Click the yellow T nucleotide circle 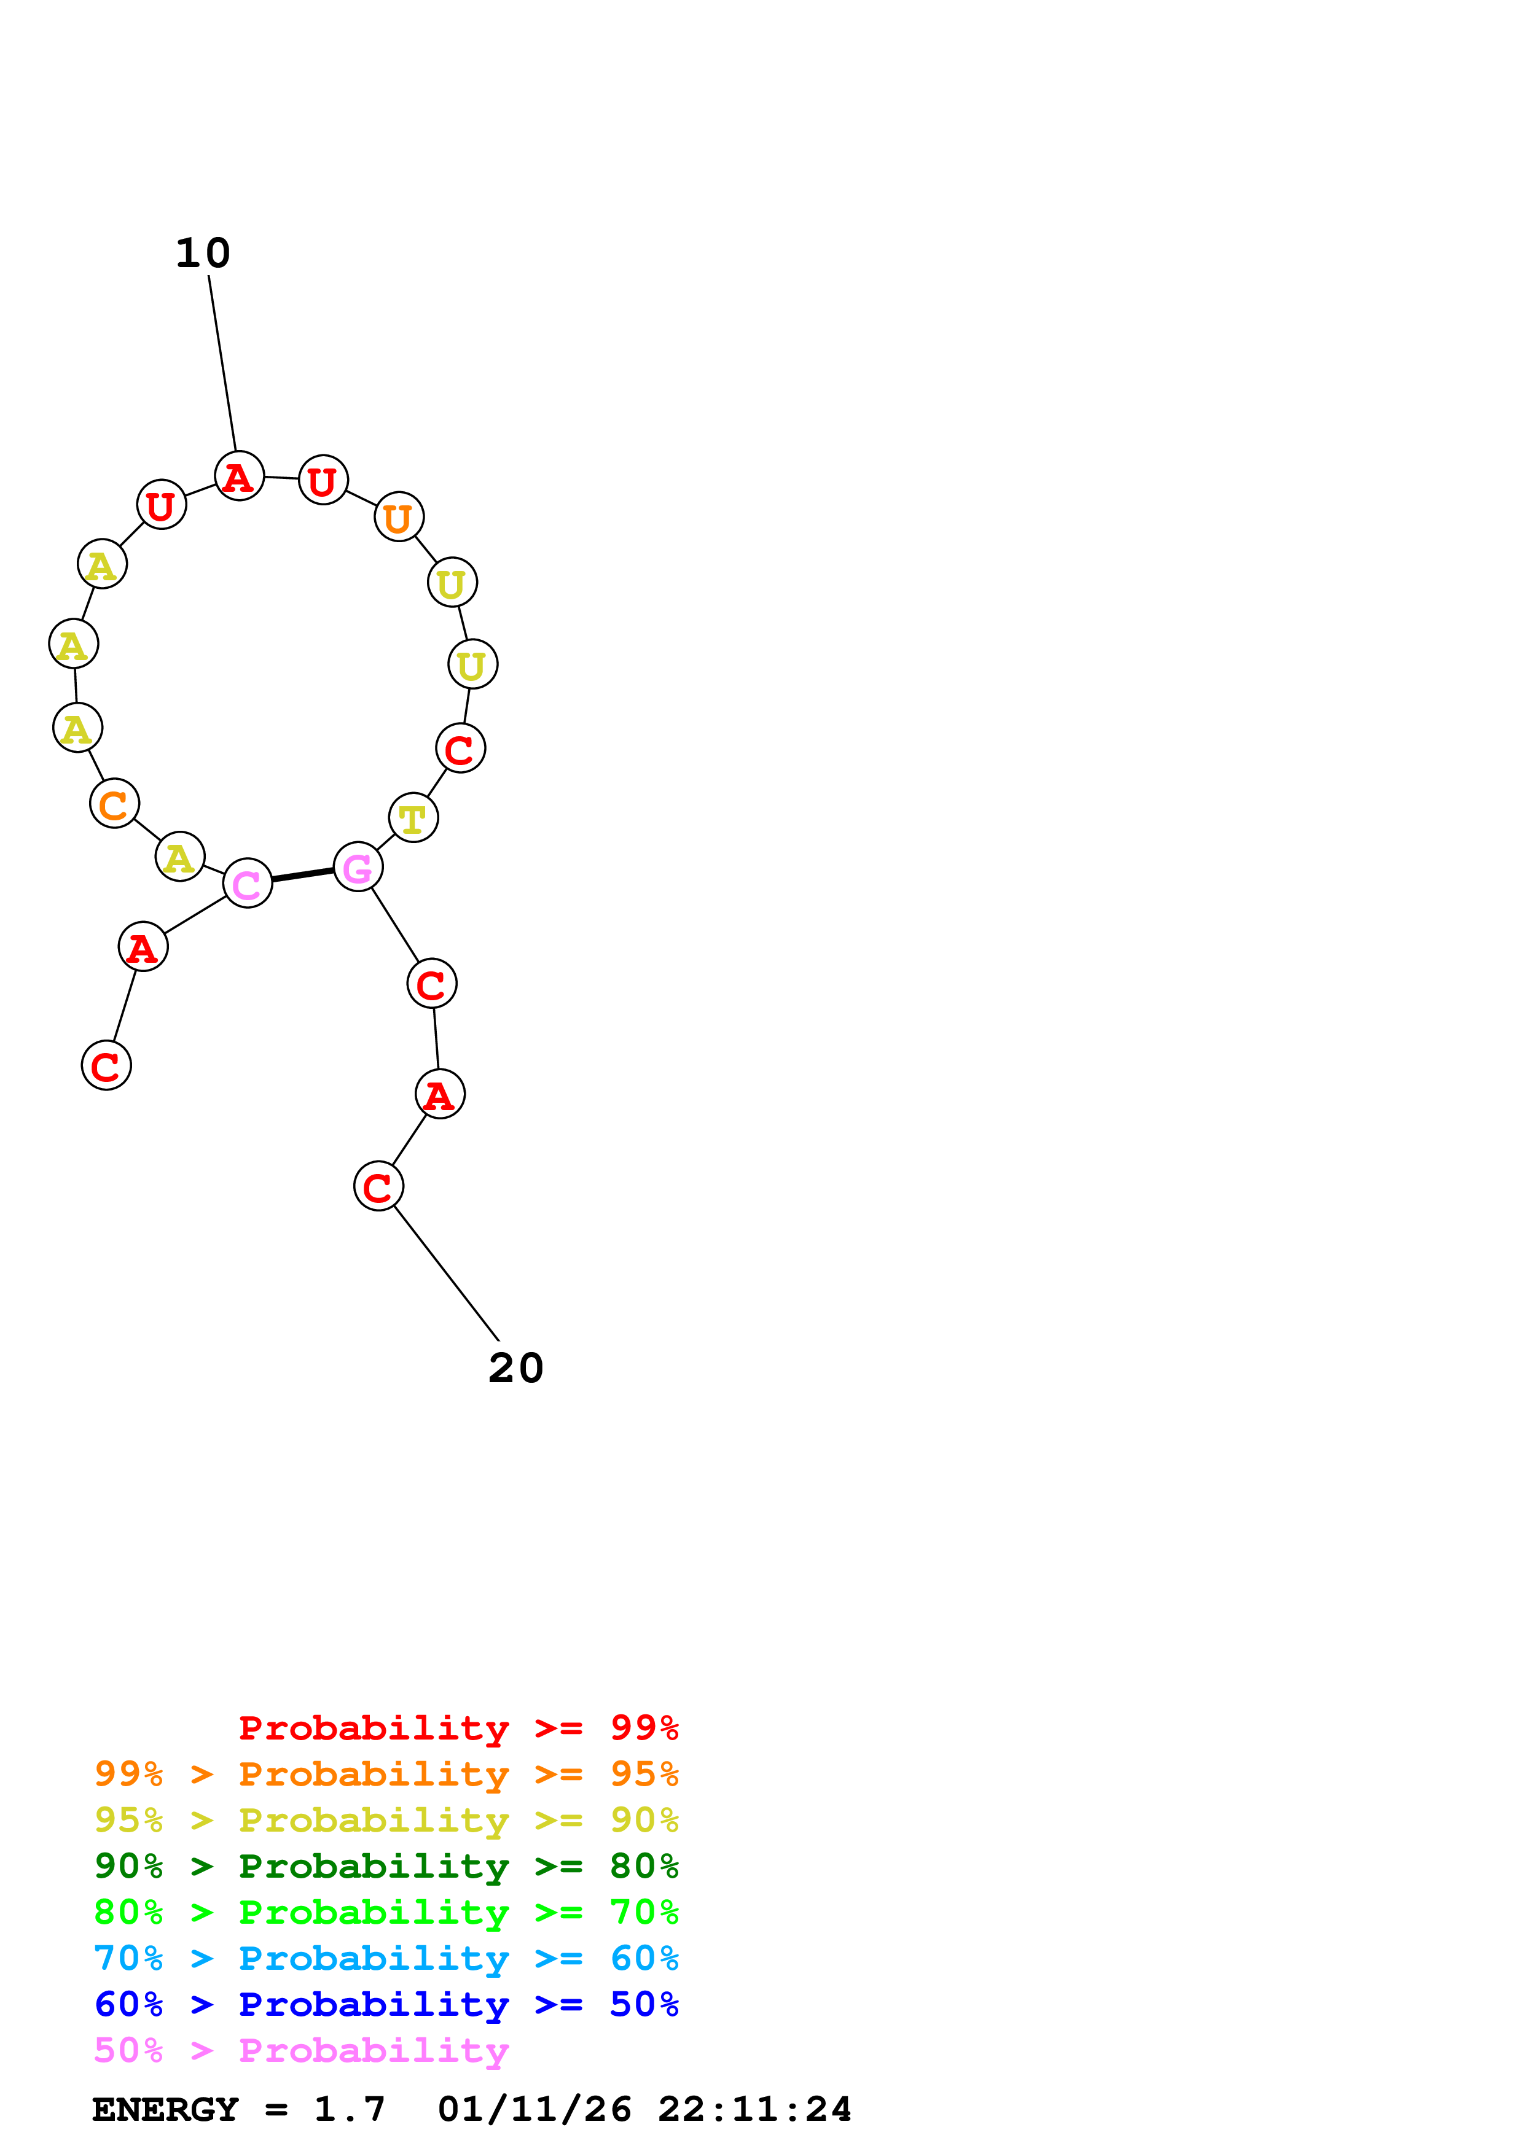click(413, 818)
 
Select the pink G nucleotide click(358, 868)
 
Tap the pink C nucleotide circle click(247, 884)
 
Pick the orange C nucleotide click(114, 804)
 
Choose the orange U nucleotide click(399, 517)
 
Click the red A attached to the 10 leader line click(239, 476)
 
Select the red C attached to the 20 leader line click(378, 1187)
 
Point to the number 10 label click(203, 254)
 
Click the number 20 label click(515, 1369)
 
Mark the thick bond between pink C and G click(302, 876)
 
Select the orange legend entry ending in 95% click(386, 1774)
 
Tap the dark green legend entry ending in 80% click(386, 1866)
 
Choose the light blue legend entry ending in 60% click(386, 1958)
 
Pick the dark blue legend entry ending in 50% click(386, 2004)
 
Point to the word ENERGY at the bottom click(165, 2109)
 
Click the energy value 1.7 click(349, 2109)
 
